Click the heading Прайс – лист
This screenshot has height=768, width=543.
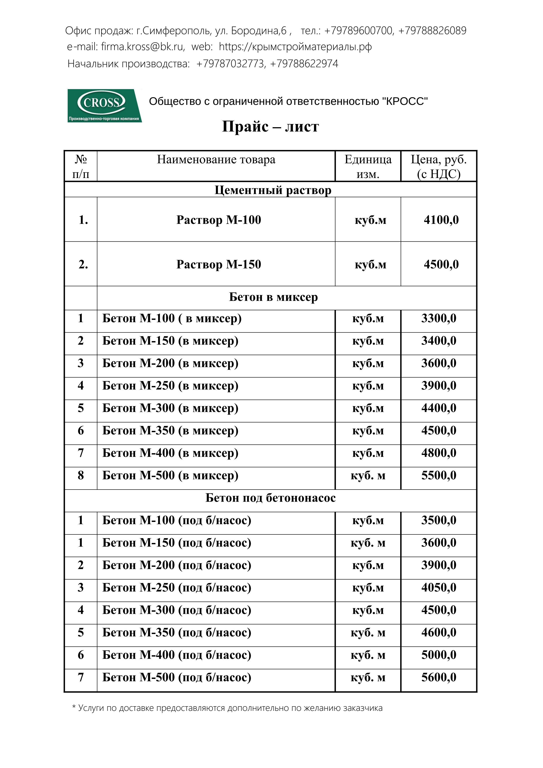pos(270,127)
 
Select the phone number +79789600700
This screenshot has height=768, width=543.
pos(359,31)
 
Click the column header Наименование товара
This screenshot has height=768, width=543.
pos(216,160)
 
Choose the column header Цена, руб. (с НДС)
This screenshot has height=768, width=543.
pos(438,166)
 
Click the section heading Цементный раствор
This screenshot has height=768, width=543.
pos(273,190)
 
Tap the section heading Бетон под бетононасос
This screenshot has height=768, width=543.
pos(270,498)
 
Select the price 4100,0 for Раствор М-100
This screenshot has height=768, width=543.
pos(441,220)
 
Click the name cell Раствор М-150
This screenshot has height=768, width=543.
pos(219,264)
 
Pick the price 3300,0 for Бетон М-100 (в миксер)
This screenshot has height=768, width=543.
pos(439,318)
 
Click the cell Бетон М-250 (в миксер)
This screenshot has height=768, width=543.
pos(170,386)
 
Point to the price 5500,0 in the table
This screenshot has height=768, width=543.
pos(439,475)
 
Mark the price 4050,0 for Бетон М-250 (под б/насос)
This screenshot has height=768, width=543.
pos(439,587)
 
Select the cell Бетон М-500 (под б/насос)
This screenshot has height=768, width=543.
pos(177,677)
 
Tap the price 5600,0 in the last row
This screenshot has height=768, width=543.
pos(439,677)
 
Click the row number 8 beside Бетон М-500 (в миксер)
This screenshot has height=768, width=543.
pos(81,475)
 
